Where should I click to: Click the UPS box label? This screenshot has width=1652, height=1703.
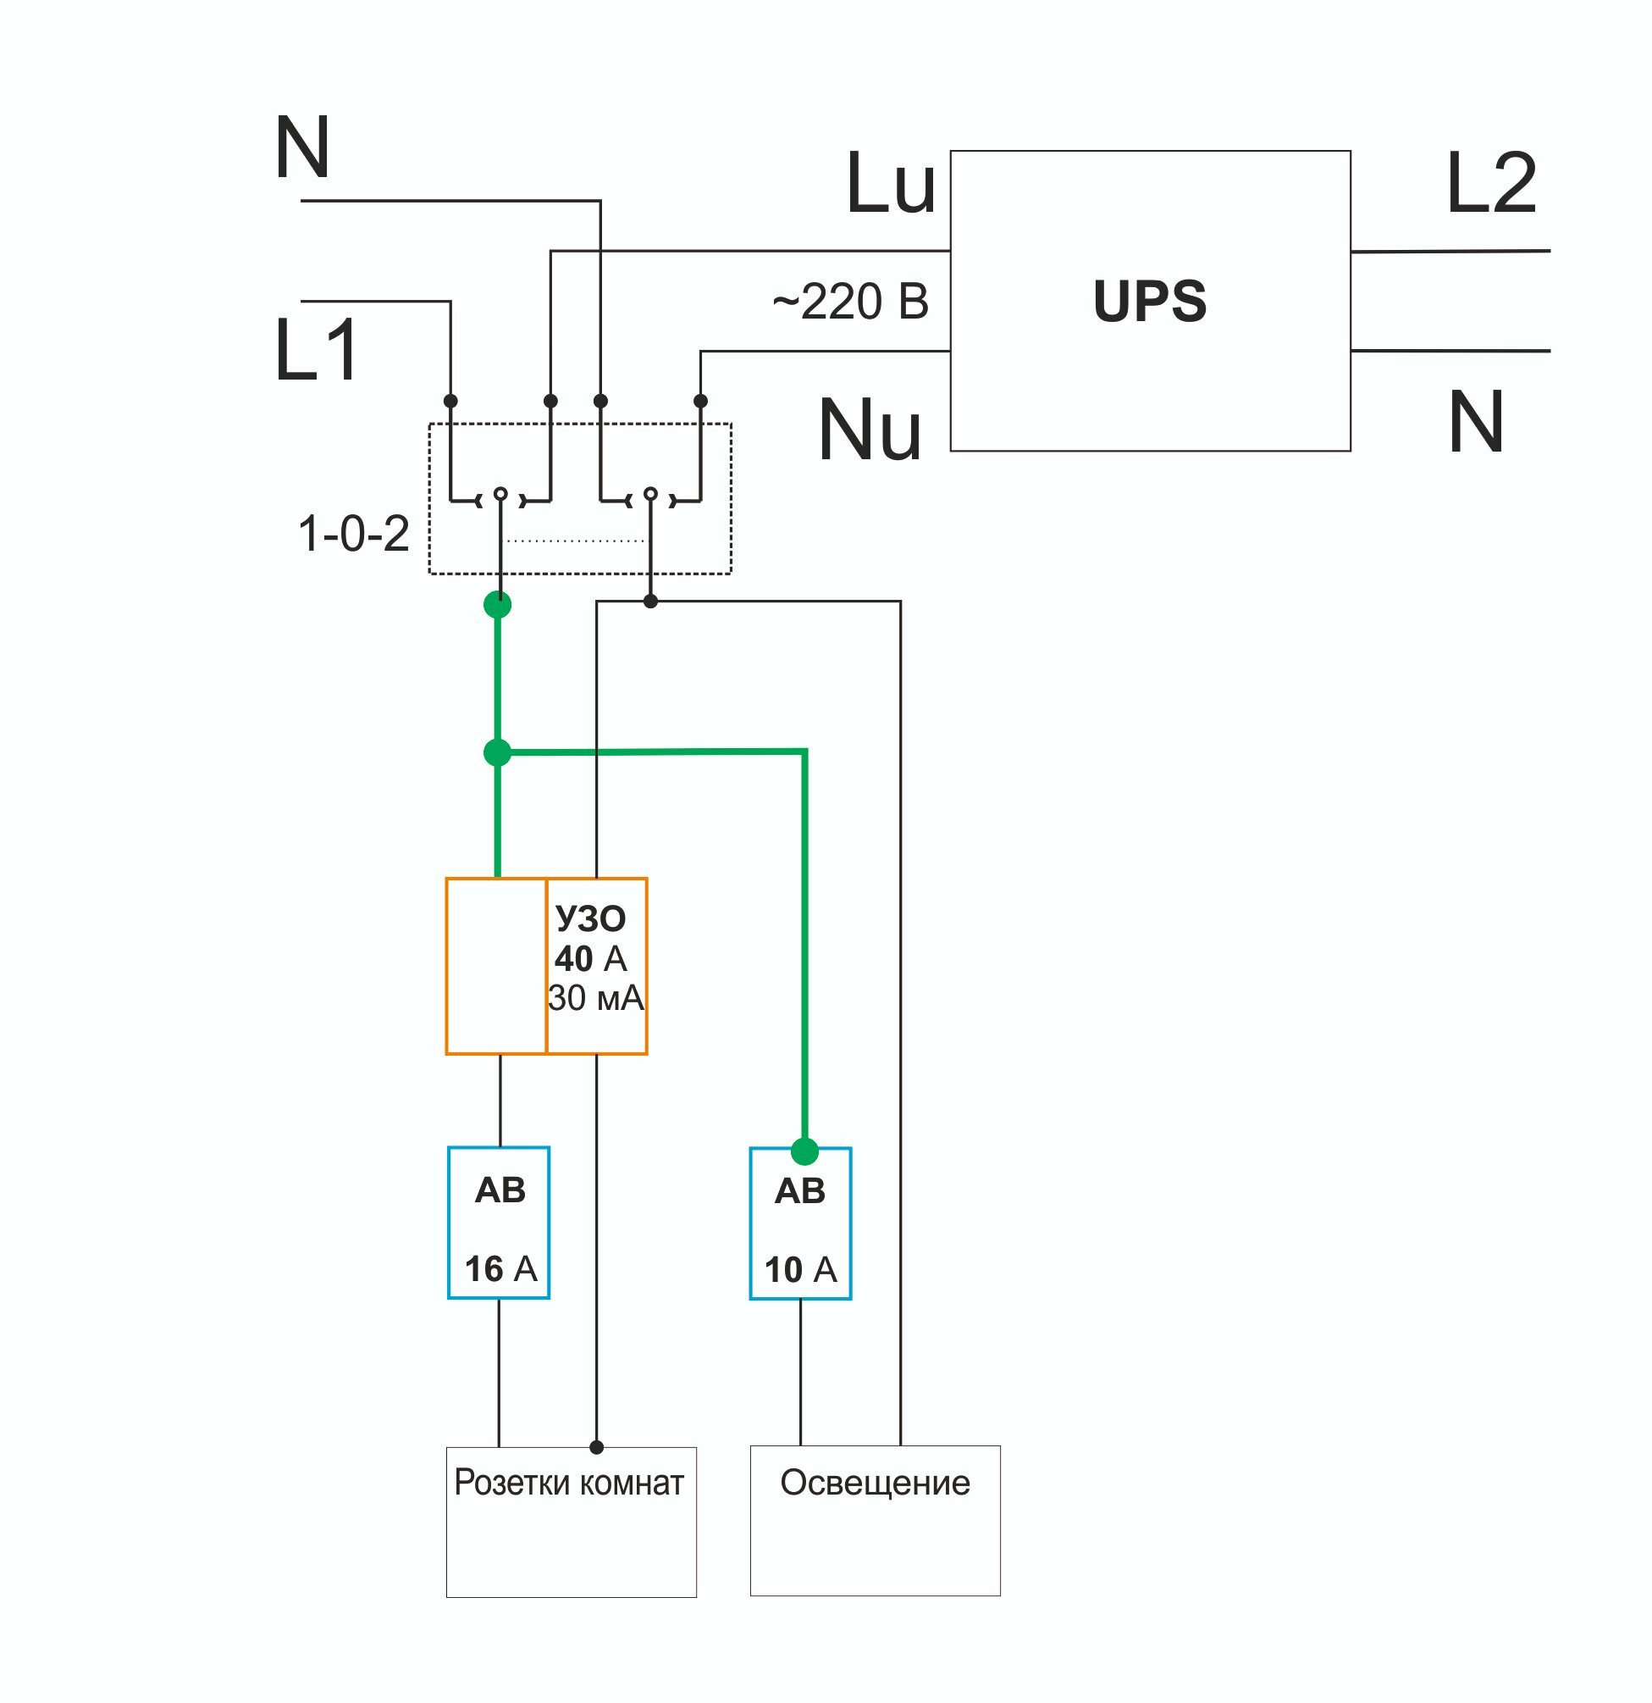click(1149, 301)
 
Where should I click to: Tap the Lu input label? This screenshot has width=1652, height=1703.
click(890, 183)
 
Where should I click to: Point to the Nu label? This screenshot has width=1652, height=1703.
click(870, 430)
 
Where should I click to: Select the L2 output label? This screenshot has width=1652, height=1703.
click(1491, 183)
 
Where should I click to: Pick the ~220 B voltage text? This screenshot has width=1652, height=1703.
click(850, 302)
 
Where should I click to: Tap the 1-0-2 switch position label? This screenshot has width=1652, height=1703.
click(353, 533)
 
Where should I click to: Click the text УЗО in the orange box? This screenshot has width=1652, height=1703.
click(591, 918)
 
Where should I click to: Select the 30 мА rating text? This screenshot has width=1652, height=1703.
click(596, 998)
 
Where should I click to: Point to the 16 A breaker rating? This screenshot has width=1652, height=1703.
click(501, 1268)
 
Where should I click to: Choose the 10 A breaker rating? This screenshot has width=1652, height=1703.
click(801, 1269)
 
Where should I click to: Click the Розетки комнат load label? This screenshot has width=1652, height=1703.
click(569, 1483)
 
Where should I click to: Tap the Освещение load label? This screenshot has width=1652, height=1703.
click(875, 1484)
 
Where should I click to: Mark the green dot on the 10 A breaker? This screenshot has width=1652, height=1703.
click(805, 1151)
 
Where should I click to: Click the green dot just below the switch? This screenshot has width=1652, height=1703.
click(498, 604)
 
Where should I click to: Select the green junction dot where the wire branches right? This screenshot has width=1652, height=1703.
click(498, 752)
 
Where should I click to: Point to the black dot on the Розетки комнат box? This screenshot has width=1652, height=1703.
click(597, 1447)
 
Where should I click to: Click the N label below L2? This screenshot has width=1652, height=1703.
click(1476, 421)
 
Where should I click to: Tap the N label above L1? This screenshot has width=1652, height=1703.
click(302, 147)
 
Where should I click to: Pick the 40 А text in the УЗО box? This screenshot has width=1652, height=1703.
click(591, 958)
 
